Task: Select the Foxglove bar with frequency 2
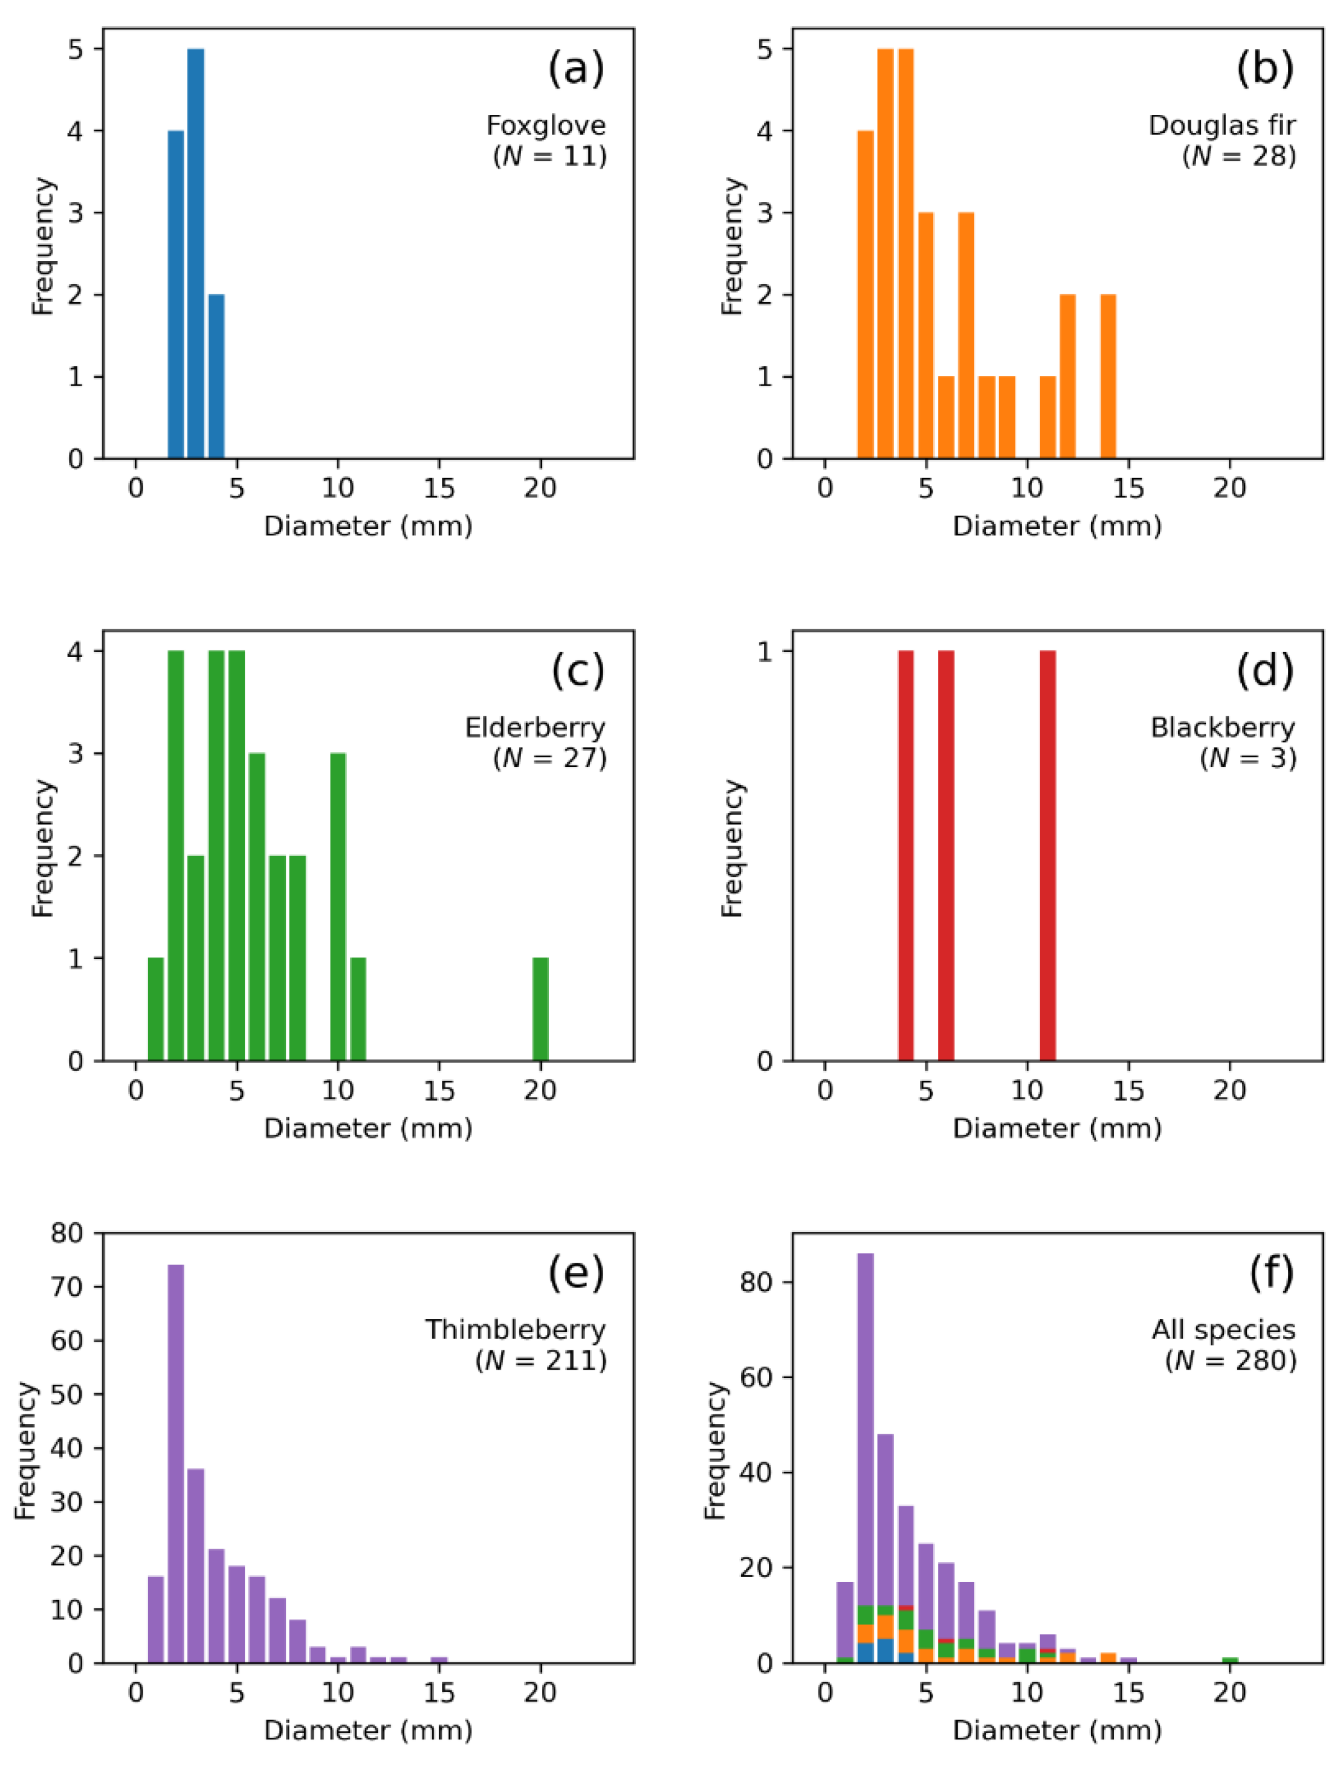pyautogui.click(x=216, y=377)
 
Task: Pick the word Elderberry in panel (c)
pyautogui.click(x=535, y=727)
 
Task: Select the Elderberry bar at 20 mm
pyautogui.click(x=540, y=1009)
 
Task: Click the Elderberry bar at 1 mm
pyautogui.click(x=155, y=1009)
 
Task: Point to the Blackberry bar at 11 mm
pyautogui.click(x=1047, y=855)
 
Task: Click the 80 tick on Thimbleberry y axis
pyautogui.click(x=67, y=1233)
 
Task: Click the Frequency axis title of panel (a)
pyautogui.click(x=42, y=246)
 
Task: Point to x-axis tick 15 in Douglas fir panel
pyautogui.click(x=1128, y=488)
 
